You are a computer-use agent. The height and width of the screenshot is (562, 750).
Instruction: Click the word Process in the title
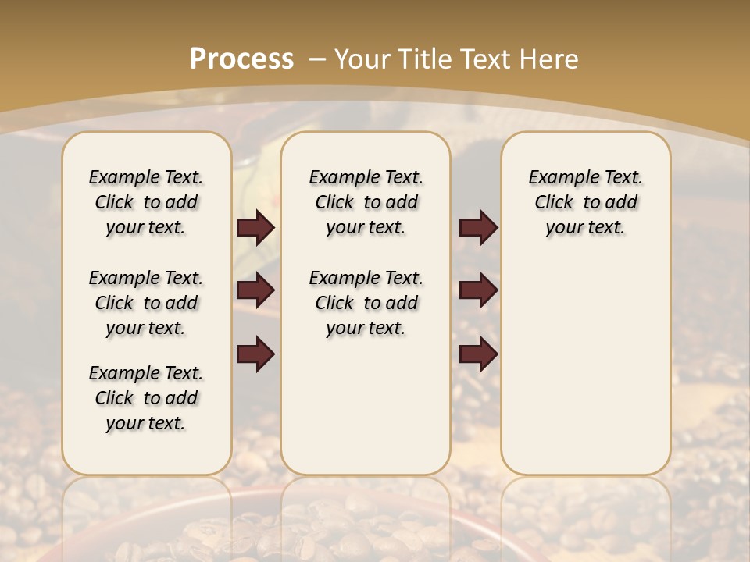pos(241,59)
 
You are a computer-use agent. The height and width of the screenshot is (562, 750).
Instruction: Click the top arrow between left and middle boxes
pos(255,228)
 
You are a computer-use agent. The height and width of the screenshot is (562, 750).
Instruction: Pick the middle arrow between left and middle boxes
pos(255,291)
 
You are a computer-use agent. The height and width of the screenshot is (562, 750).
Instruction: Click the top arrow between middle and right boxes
pos(478,228)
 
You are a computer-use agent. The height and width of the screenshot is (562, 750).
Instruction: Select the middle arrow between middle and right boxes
pos(478,291)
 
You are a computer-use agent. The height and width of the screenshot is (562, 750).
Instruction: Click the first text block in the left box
pos(146,202)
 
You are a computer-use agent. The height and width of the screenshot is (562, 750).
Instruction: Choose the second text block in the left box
pos(146,303)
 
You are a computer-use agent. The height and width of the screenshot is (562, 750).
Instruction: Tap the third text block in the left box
pos(146,398)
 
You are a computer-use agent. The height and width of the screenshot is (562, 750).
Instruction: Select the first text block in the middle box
pos(366,202)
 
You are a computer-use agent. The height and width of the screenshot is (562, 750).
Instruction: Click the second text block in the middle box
pos(366,303)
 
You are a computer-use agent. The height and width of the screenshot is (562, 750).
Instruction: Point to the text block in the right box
pos(586,202)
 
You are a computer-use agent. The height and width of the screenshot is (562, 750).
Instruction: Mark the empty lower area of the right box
pos(586,359)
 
